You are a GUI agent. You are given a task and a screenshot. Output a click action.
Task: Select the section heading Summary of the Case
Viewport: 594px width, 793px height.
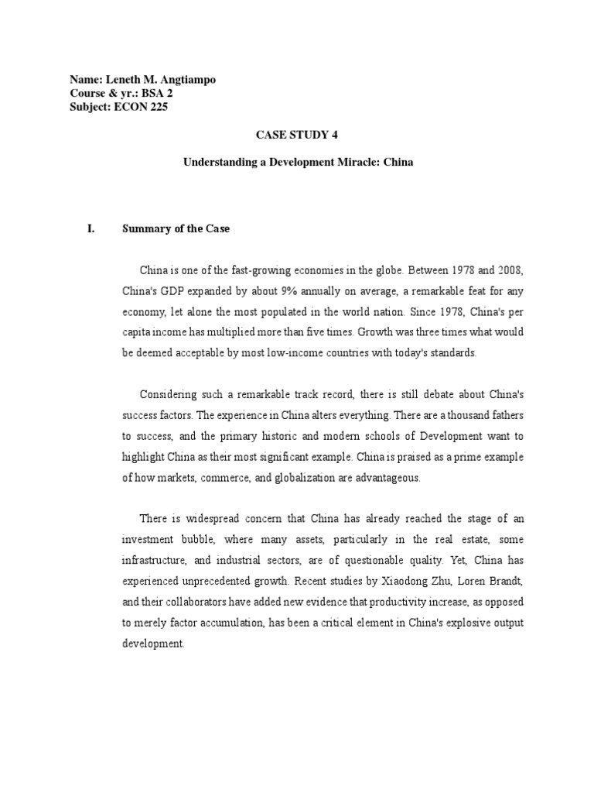pos(176,229)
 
